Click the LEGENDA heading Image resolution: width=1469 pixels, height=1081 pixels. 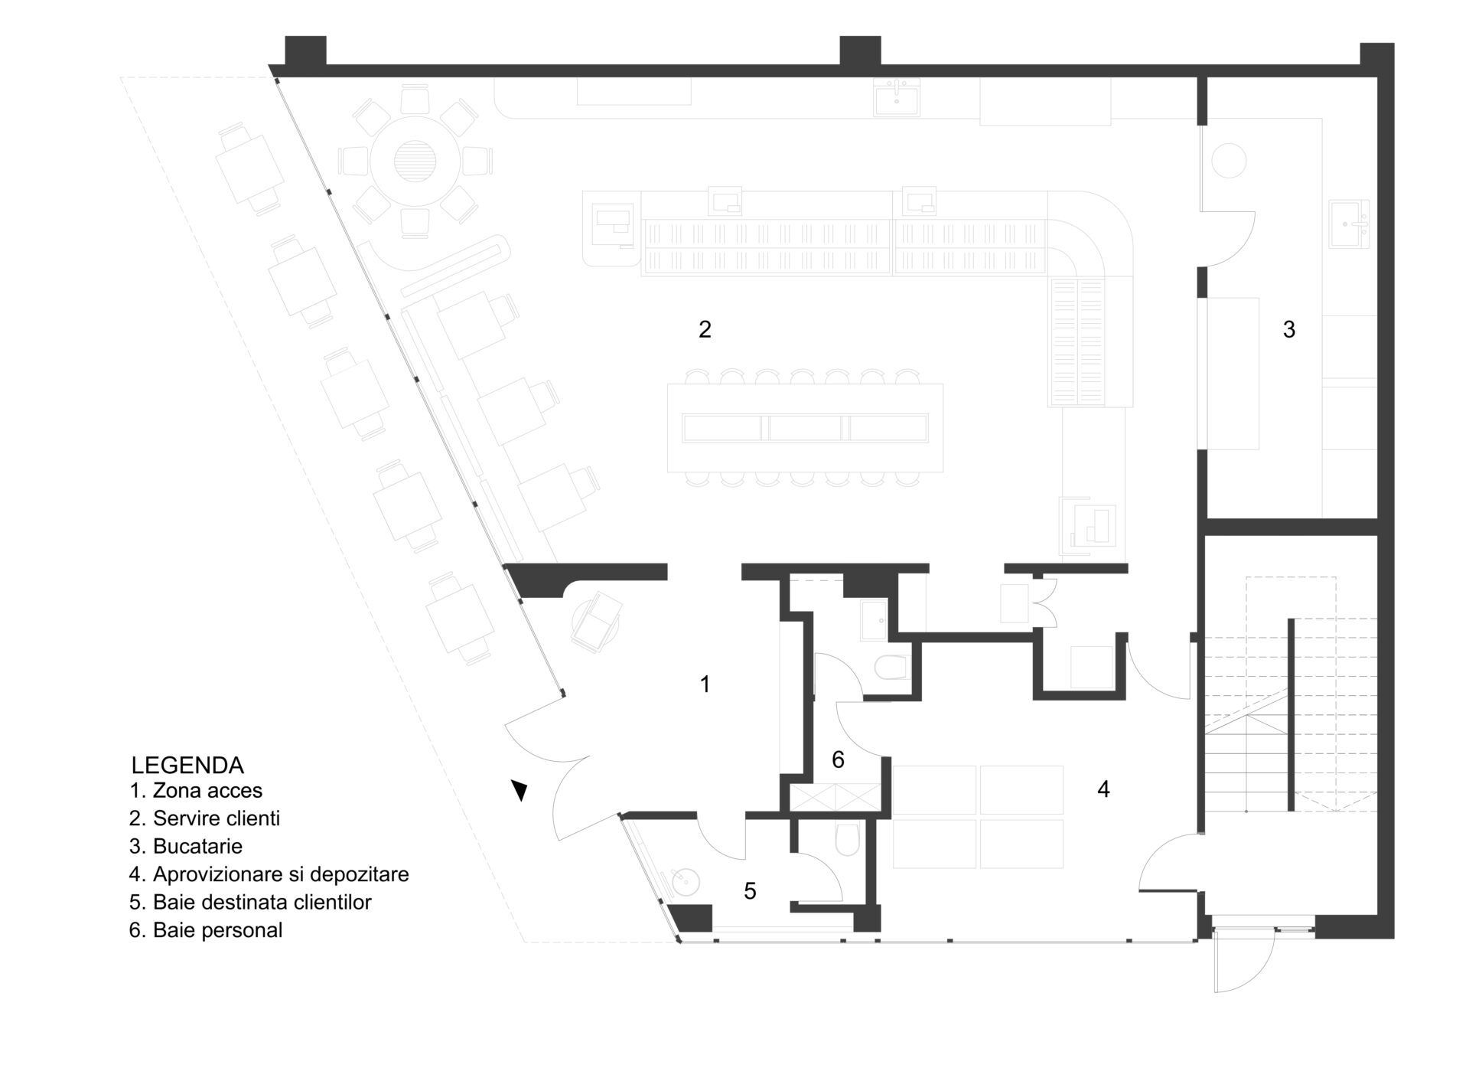pos(187,765)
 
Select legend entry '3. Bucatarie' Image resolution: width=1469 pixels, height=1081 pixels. pos(186,846)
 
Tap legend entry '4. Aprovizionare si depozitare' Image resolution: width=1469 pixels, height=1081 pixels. pos(269,874)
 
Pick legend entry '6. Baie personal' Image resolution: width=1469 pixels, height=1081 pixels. pos(206,930)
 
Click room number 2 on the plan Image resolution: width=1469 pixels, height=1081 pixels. pos(705,329)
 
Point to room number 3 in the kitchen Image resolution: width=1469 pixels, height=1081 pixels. pos(1289,329)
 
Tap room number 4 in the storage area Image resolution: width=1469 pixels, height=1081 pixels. pos(1103,789)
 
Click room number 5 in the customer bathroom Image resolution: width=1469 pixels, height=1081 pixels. pos(750,891)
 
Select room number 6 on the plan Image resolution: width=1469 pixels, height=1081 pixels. pos(838,759)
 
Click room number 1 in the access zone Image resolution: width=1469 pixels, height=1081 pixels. pos(705,684)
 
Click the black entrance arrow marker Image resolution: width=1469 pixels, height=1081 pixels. pos(520,790)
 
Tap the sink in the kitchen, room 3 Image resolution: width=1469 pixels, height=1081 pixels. pos(1350,224)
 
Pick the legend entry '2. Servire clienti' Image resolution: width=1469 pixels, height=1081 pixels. pos(204,818)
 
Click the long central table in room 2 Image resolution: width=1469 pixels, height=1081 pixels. pos(805,428)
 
